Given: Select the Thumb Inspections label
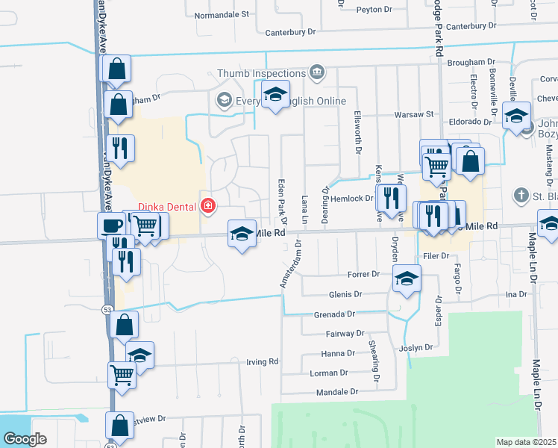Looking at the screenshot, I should point(261,72).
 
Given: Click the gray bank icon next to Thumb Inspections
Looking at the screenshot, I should point(317,72).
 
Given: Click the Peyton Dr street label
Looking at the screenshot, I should point(374,10).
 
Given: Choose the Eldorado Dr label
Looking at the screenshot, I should point(470,121).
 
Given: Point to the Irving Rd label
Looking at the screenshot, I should point(262,362).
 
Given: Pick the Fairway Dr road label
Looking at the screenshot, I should point(344,334).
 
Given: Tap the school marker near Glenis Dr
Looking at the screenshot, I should point(406,279).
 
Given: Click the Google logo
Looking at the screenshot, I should point(25,439).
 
